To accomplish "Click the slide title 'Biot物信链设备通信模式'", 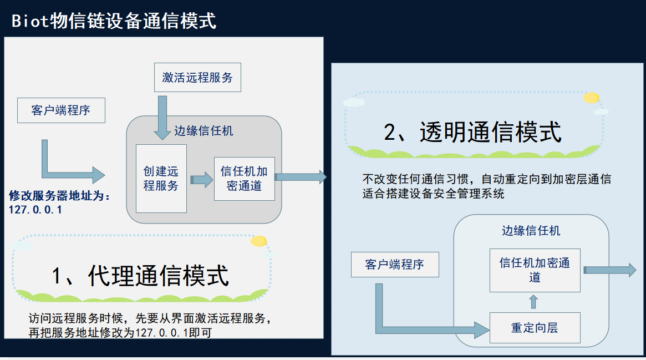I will (114, 21).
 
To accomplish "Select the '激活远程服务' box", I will (197, 78).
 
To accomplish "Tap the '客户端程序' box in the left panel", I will (61, 110).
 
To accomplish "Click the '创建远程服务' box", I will (161, 179).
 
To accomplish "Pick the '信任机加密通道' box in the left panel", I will (244, 179).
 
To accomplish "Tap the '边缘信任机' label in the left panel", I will (204, 131).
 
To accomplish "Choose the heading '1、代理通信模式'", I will (140, 275).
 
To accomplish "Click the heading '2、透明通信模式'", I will (472, 132).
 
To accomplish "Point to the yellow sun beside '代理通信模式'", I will (258, 241).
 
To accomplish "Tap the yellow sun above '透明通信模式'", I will (591, 98).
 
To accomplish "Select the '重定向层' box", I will (535, 328).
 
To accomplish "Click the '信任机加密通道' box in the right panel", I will (535, 270).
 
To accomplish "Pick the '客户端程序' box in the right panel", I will (395, 265).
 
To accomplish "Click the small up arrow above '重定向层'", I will (533, 302).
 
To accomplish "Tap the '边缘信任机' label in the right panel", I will (531, 231).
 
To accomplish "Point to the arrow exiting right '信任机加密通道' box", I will (609, 270).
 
